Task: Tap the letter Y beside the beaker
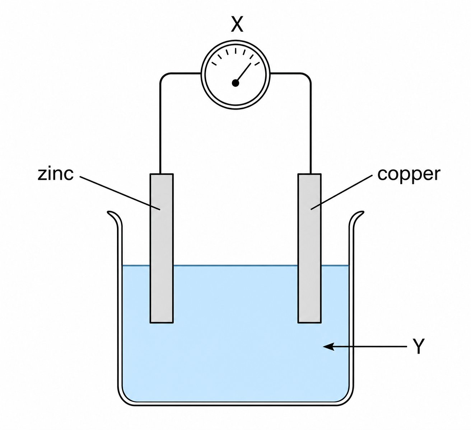(418, 346)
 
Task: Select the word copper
(409, 174)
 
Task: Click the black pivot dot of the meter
(235, 83)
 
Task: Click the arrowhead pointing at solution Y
(328, 346)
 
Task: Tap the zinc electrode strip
(162, 248)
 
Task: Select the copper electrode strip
(309, 248)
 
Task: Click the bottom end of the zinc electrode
(162, 322)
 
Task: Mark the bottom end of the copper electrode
(309, 322)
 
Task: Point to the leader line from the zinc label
(120, 193)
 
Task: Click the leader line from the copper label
(342, 192)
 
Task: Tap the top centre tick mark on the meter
(235, 51)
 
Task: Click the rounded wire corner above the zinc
(164, 77)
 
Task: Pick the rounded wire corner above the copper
(307, 77)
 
